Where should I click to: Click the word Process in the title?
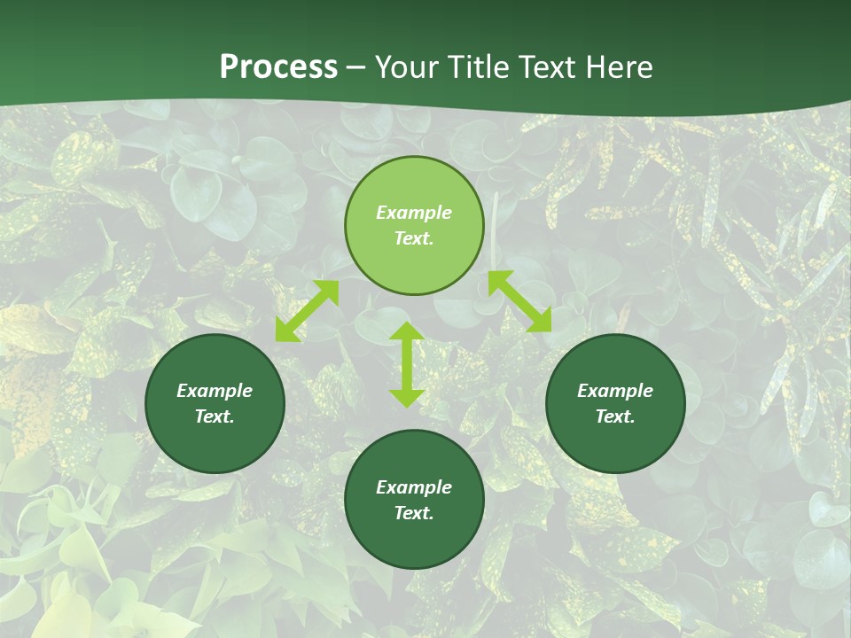278,67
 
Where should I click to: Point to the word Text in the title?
548,67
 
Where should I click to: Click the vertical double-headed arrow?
407,364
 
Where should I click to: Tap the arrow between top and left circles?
307,311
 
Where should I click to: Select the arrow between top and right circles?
519,301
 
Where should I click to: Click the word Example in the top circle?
414,213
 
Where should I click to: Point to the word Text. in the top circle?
414,238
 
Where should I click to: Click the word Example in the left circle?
215,391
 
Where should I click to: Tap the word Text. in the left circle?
215,416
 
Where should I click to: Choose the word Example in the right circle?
615,391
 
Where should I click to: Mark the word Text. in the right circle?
615,416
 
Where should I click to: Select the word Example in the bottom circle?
414,487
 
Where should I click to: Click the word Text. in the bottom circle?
414,513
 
